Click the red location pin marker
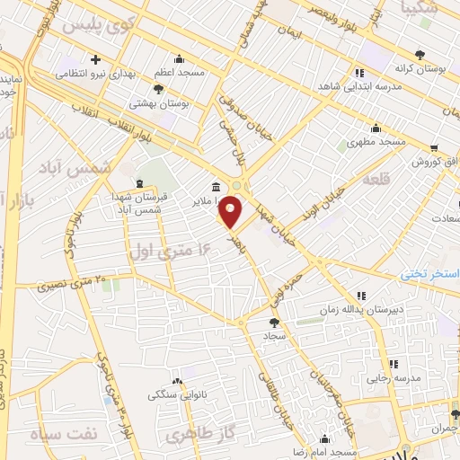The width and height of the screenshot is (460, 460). pyautogui.click(x=231, y=212)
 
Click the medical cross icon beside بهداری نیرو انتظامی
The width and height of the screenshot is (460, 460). pyautogui.click(x=96, y=59)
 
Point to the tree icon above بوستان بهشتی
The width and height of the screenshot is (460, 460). pyautogui.click(x=159, y=89)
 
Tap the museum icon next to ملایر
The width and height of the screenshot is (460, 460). pyautogui.click(x=216, y=188)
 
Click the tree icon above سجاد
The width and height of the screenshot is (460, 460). pyautogui.click(x=273, y=322)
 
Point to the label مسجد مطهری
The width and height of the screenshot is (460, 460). pyautogui.click(x=376, y=143)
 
